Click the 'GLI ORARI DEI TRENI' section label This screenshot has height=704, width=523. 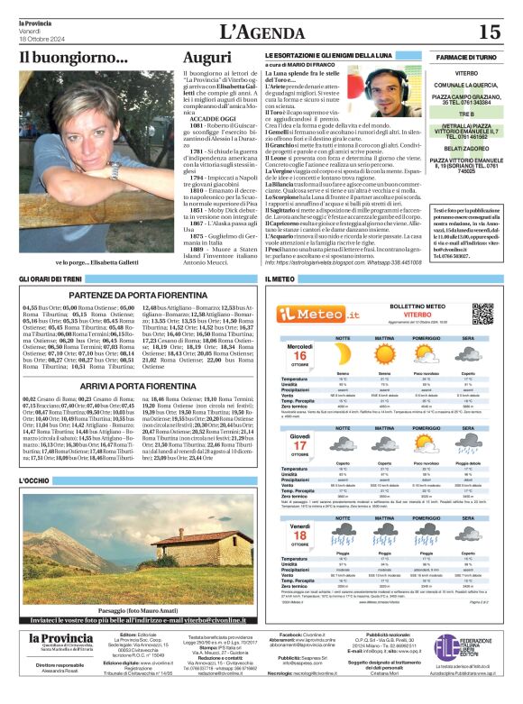(x=51, y=280)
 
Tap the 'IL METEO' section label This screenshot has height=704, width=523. (x=279, y=280)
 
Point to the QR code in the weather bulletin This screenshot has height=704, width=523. (x=482, y=313)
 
